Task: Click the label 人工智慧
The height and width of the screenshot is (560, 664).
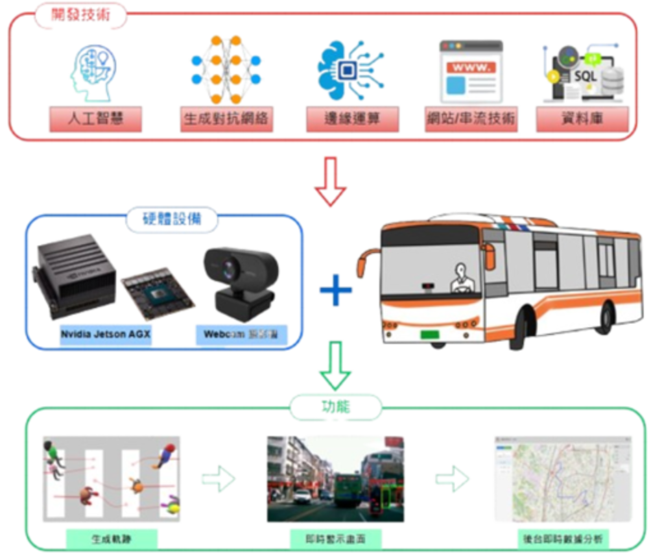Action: pyautogui.click(x=95, y=119)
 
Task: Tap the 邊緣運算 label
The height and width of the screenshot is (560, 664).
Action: pyautogui.click(x=352, y=119)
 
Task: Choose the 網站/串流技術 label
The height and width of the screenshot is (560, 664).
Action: pyautogui.click(x=471, y=119)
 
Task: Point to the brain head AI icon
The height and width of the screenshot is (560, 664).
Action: pyautogui.click(x=93, y=71)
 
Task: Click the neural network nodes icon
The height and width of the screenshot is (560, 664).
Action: pyautogui.click(x=225, y=68)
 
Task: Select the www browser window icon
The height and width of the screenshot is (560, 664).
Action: pyautogui.click(x=471, y=71)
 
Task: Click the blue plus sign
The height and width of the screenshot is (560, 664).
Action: pyautogui.click(x=335, y=289)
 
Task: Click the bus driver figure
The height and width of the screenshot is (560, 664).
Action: pyautogui.click(x=461, y=278)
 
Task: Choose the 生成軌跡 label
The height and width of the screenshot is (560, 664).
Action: pyautogui.click(x=111, y=537)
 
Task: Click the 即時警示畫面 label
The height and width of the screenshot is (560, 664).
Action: pyautogui.click(x=335, y=537)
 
